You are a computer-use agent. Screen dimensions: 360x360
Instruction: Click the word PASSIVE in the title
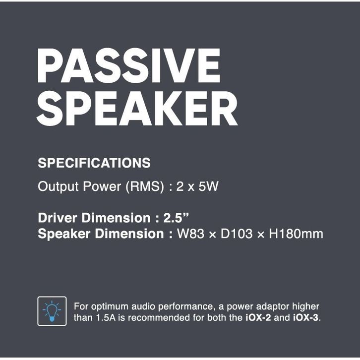click(x=129, y=65)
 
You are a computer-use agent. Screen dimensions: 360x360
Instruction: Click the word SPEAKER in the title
click(x=137, y=109)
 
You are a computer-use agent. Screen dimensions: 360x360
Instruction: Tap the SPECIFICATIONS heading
click(x=94, y=163)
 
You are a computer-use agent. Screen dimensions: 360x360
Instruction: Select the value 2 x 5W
click(x=197, y=186)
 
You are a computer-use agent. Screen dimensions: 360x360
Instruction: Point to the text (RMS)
click(x=145, y=186)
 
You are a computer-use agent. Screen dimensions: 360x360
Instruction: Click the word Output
click(x=59, y=186)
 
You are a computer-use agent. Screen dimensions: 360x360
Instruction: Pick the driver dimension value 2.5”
click(x=176, y=217)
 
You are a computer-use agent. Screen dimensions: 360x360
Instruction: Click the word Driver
click(x=58, y=218)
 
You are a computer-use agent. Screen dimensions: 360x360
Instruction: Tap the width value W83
click(x=190, y=234)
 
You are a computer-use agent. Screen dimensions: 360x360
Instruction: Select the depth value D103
click(x=237, y=234)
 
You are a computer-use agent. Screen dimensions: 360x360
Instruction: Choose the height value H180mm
click(x=296, y=234)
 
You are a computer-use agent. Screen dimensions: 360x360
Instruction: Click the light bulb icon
click(x=52, y=311)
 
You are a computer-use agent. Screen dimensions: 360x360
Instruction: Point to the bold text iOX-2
click(x=258, y=318)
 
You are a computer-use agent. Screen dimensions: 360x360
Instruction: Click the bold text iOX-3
click(x=306, y=318)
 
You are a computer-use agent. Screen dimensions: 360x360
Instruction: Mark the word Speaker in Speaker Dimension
click(x=64, y=234)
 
